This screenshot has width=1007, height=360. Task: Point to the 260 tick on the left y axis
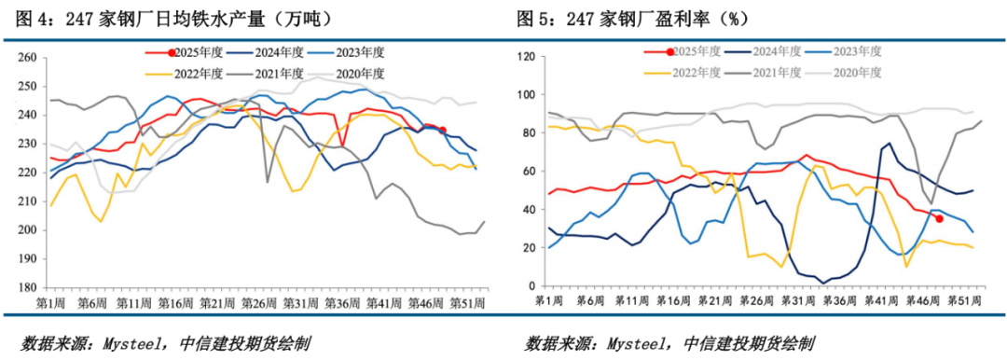(x=27, y=58)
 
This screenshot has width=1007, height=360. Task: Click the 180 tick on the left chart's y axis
(x=27, y=288)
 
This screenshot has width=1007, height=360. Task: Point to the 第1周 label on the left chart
(x=49, y=304)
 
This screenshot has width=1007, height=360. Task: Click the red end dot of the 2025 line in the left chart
(x=443, y=130)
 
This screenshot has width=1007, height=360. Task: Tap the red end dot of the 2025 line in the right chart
(x=939, y=218)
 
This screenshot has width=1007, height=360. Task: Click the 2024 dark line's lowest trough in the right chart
(x=822, y=282)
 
